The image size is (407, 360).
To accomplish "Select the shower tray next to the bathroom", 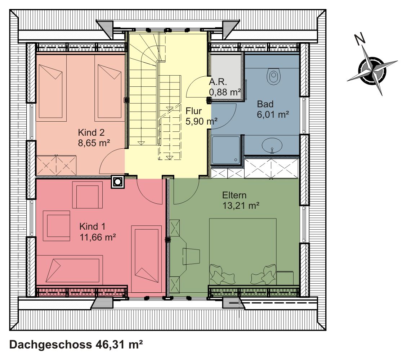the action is point(226,150).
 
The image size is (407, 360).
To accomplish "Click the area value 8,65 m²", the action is point(94,143).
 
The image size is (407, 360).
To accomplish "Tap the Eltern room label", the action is point(234,195).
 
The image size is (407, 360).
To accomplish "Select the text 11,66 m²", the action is point(98,237).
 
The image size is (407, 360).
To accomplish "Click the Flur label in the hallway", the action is point(194,111).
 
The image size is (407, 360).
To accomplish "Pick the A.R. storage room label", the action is point(218,82).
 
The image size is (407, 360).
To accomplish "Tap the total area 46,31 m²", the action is point(119,345).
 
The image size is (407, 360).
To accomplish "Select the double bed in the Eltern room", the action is point(243,252).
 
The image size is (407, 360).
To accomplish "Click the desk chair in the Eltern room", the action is point(191,257).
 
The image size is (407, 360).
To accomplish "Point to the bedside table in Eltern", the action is point(285,278).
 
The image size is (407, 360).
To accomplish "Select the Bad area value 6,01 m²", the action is point(273,114).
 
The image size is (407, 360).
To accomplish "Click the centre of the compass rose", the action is point(372,70).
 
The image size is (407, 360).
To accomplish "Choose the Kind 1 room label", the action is point(93,226).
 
